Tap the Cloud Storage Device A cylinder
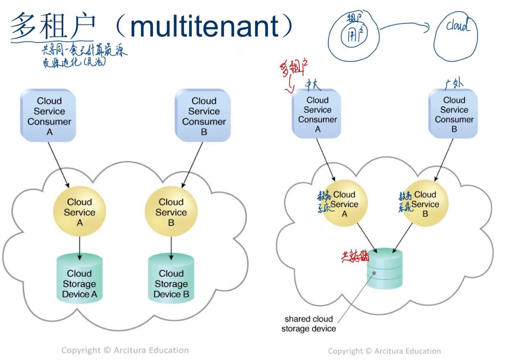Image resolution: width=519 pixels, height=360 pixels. [79, 279]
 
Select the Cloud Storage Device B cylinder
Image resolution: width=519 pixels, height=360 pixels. [171, 279]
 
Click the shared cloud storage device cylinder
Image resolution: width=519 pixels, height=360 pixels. [385, 269]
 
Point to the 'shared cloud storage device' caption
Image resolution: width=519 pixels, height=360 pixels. [309, 324]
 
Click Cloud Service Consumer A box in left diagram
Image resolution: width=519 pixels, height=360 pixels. [49, 115]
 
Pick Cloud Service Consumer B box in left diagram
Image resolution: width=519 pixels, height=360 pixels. [203, 115]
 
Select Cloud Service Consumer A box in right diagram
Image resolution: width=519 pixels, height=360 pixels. [317, 114]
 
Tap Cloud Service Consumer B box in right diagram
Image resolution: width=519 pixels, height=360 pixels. [454, 114]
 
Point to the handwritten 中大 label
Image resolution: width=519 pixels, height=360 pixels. [313, 85]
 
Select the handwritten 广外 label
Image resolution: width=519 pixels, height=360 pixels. [454, 83]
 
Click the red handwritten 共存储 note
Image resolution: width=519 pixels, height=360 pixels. [355, 256]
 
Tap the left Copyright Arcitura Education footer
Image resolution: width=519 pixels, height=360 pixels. [125, 350]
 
